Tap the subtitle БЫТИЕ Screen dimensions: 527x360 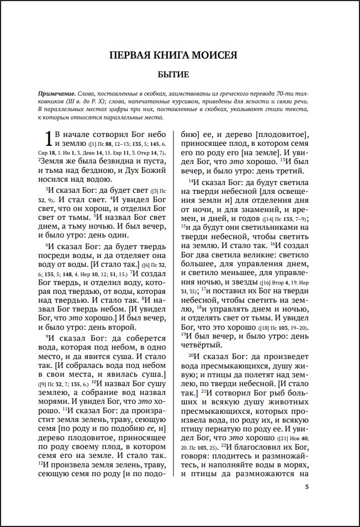180,74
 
